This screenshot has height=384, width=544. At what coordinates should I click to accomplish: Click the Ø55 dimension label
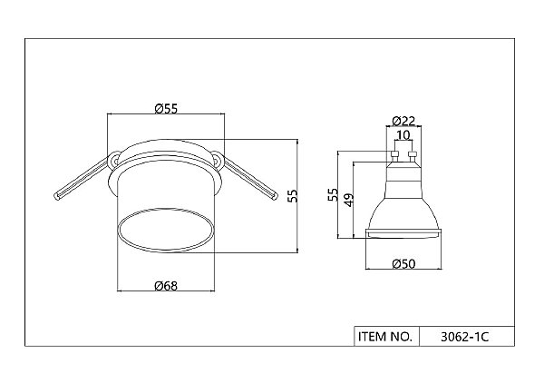pyautogui.click(x=166, y=109)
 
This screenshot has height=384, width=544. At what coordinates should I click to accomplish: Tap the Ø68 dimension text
pyautogui.click(x=166, y=286)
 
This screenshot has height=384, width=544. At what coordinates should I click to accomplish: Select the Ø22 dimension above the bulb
pyautogui.click(x=403, y=121)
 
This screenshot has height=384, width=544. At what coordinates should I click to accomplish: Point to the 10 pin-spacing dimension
pyautogui.click(x=403, y=134)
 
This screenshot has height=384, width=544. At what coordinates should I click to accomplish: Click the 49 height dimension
pyautogui.click(x=349, y=200)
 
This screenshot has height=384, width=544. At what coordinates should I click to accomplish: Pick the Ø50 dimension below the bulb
pyautogui.click(x=403, y=264)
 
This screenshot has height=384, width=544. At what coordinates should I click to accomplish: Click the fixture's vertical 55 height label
pyautogui.click(x=294, y=196)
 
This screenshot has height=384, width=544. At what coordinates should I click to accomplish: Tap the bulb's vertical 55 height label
pyautogui.click(x=333, y=194)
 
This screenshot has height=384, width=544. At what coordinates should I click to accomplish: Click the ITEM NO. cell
pyautogui.click(x=386, y=337)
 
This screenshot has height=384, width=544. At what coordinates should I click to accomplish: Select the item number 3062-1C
pyautogui.click(x=464, y=337)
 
